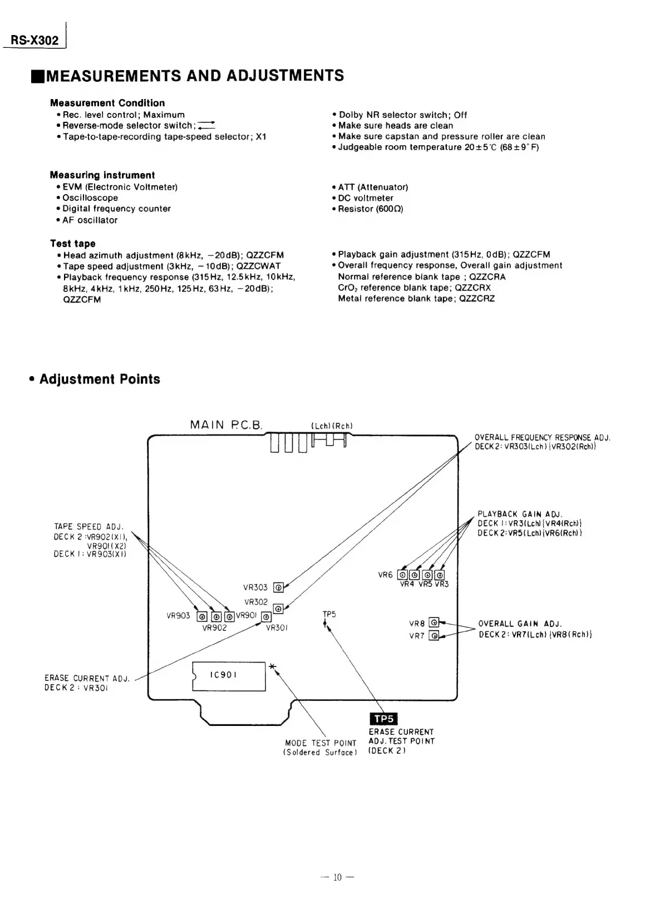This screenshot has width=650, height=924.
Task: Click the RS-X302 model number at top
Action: coord(35,41)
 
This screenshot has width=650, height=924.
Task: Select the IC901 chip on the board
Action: coord(229,675)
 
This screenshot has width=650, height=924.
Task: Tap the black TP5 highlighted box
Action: coord(383,719)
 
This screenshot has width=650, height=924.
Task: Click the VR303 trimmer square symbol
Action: coord(279,586)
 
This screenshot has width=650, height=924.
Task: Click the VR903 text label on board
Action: coord(178,616)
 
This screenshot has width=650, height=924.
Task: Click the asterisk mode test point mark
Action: coord(272,666)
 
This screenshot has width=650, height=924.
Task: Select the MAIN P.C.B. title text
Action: coord(225,426)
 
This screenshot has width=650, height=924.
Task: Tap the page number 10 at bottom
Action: coord(337,878)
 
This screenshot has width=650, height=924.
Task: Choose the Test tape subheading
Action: coord(73,244)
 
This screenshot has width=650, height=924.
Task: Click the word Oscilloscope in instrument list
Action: coord(90,198)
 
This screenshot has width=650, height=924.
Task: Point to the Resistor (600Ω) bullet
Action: coord(370,209)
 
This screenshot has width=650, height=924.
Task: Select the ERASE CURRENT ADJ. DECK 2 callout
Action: coord(87,683)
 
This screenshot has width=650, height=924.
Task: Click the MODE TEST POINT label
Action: coord(320,748)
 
